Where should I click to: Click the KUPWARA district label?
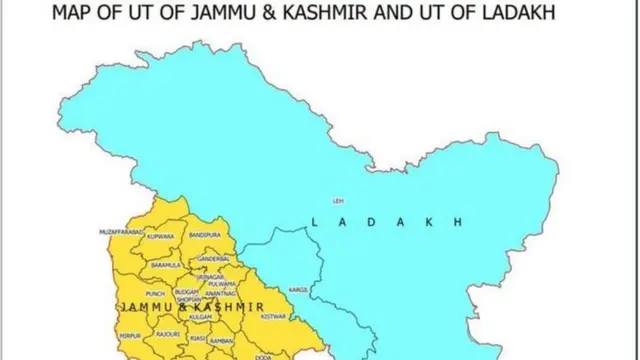click(160, 237)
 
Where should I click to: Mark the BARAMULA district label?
click(166, 265)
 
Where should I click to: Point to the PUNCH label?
click(155, 293)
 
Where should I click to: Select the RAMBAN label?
click(221, 341)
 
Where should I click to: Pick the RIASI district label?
click(199, 338)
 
